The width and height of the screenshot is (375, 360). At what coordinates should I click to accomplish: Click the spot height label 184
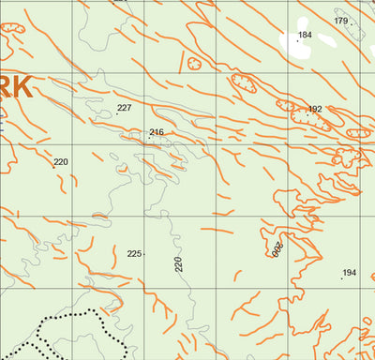pyautogui.click(x=305, y=35)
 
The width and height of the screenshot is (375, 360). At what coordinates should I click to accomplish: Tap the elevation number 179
pyautogui.click(x=340, y=21)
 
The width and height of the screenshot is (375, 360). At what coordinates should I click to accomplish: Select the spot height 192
pyautogui.click(x=315, y=110)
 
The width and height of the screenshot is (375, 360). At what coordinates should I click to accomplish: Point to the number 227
pyautogui.click(x=124, y=108)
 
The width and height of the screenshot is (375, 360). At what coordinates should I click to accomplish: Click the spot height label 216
pyautogui.click(x=157, y=132)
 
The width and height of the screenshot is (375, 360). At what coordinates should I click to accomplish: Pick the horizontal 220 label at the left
pyautogui.click(x=61, y=162)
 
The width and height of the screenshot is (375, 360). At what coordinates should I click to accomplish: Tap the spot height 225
pyautogui.click(x=134, y=254)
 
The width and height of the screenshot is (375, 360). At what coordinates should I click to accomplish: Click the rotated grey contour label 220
pyautogui.click(x=179, y=263)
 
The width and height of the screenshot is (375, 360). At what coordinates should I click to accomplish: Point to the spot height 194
pyautogui.click(x=350, y=273)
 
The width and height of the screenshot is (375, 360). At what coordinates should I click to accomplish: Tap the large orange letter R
pyautogui.click(x=3, y=88)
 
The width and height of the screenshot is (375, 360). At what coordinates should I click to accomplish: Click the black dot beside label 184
pyautogui.click(x=298, y=40)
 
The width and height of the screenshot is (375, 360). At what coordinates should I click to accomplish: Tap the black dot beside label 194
pyautogui.click(x=341, y=278)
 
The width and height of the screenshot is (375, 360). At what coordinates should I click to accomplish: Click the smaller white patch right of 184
pyautogui.click(x=327, y=41)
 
